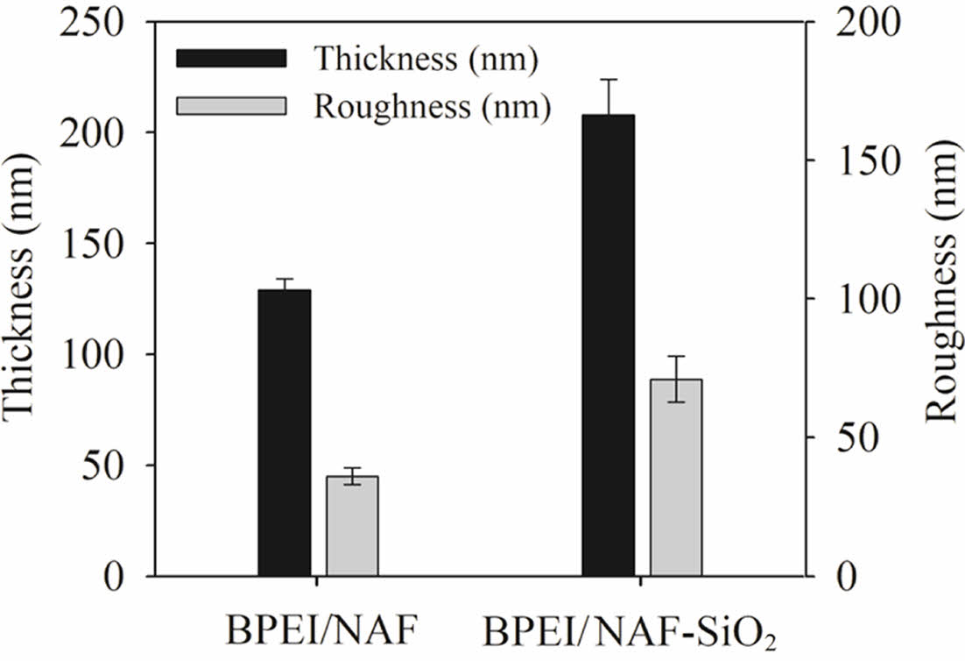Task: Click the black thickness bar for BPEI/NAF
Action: tap(285, 433)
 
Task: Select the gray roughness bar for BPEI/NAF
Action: tap(352, 526)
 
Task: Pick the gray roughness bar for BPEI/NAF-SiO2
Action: tap(676, 478)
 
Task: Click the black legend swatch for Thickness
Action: tap(232, 59)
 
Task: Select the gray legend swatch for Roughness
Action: tap(232, 104)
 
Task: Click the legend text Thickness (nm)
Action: tap(426, 59)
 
